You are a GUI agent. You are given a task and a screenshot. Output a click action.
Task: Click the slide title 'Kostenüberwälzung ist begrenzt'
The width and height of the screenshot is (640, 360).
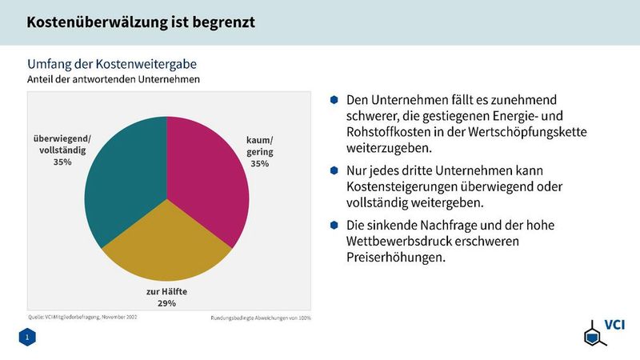point(141,22)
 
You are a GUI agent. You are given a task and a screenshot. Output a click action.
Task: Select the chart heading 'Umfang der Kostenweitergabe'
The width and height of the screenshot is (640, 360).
point(112,63)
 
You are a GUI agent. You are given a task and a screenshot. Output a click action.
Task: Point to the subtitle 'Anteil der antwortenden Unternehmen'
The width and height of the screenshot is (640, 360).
point(114,79)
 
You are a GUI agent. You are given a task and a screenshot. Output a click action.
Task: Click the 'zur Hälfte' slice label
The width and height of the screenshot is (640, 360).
point(166,291)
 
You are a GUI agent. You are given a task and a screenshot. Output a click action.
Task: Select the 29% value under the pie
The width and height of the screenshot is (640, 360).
point(166,303)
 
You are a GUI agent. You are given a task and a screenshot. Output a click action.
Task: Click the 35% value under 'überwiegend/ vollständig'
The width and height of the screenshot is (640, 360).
point(62,162)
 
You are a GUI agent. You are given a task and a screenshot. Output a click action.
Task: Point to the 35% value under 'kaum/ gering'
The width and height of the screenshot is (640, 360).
point(259,164)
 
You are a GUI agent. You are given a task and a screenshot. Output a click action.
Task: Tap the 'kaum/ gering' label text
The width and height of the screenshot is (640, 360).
point(259,146)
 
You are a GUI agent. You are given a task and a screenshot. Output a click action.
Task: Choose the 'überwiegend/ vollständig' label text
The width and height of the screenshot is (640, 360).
point(62,144)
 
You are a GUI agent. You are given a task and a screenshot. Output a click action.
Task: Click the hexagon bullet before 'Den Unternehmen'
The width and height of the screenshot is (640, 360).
point(334,100)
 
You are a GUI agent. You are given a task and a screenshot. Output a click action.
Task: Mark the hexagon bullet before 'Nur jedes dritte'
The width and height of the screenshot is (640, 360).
point(334,170)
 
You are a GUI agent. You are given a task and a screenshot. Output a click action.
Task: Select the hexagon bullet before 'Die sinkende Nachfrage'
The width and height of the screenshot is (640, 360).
point(334,224)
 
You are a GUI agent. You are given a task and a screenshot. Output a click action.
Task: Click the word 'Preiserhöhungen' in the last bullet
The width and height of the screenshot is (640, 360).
point(396,258)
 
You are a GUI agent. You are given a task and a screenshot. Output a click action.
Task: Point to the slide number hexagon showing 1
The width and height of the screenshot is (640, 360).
point(27,339)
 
